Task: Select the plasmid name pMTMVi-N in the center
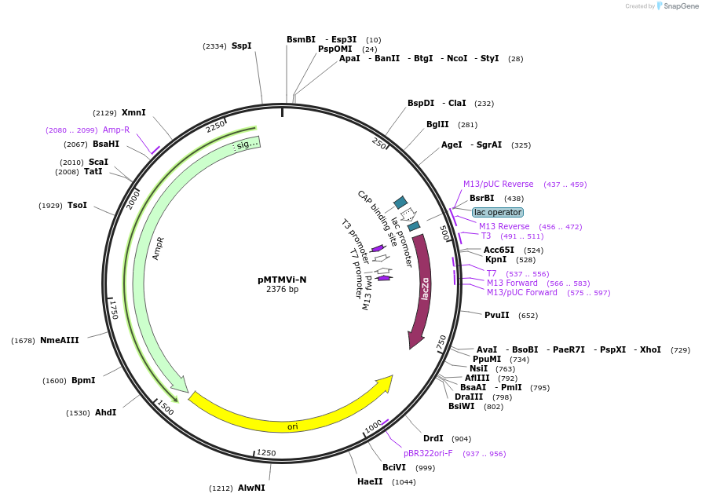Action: coord(282,279)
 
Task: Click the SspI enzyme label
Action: coord(241,46)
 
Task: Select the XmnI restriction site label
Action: coord(133,113)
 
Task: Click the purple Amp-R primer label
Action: coord(116,130)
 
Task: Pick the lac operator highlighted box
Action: coord(497,212)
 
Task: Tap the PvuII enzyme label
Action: coord(497,316)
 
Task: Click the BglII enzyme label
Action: coord(437,124)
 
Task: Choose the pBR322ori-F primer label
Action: coord(428,454)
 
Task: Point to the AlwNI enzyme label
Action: coord(251,488)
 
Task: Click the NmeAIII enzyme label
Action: coord(60,340)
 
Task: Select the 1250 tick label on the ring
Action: coord(266,453)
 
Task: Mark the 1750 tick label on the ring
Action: coord(114,309)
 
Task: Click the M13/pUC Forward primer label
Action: coord(521,293)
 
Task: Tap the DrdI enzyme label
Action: coord(433,439)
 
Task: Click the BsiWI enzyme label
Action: coord(462,406)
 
